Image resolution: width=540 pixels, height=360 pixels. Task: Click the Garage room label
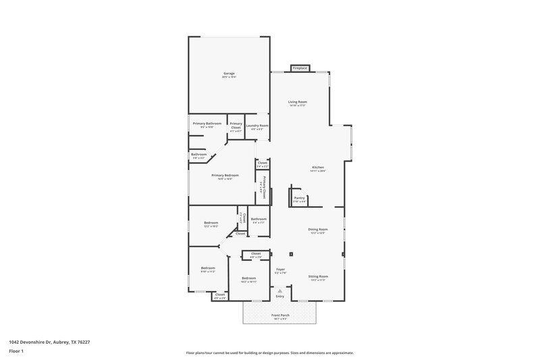point(229,74)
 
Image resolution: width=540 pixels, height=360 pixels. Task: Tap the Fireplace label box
point(300,68)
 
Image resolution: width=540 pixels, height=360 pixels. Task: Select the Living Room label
point(298,103)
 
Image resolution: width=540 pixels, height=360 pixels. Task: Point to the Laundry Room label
point(257,126)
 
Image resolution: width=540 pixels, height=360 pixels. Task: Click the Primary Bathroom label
point(207,124)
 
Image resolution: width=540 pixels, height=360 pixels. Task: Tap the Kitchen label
point(318,168)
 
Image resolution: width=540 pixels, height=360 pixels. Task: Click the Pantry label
point(300,199)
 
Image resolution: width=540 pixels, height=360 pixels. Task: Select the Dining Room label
point(317,231)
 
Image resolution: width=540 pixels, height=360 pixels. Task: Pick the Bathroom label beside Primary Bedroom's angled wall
point(198,155)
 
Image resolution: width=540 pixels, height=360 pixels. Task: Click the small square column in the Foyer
point(291,254)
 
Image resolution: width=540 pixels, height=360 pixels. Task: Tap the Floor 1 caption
point(16,352)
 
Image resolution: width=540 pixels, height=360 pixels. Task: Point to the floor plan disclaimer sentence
point(270,353)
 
